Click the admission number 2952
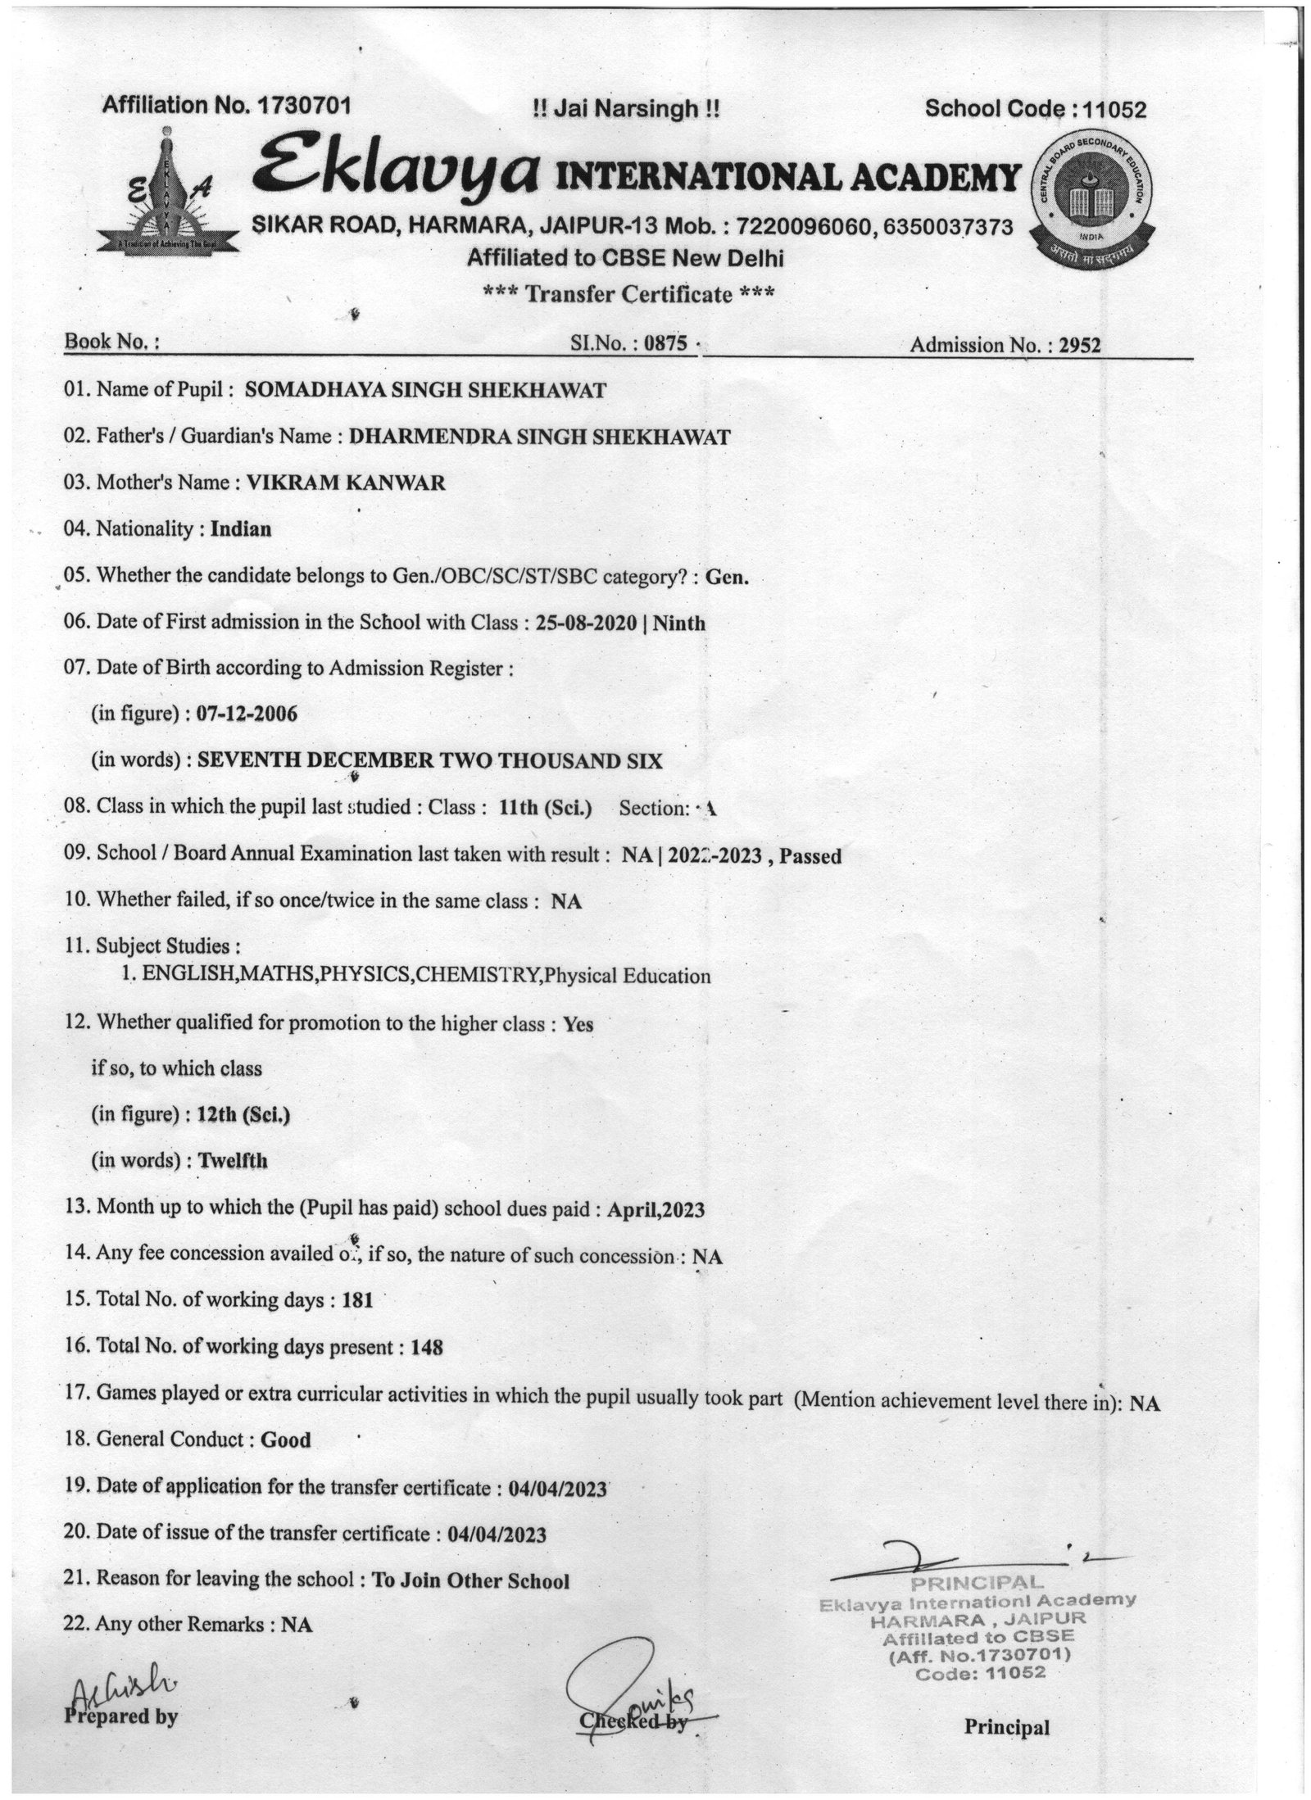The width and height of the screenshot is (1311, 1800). click(x=1080, y=345)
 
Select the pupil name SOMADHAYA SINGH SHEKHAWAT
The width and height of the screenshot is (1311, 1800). click(x=425, y=390)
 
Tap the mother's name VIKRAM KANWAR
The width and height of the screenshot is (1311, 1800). click(x=347, y=483)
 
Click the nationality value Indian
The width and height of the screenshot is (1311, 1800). click(x=241, y=528)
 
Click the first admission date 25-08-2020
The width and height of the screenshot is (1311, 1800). click(x=586, y=623)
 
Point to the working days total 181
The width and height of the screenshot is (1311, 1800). click(x=357, y=1300)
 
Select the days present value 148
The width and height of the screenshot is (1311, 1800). click(x=426, y=1346)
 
